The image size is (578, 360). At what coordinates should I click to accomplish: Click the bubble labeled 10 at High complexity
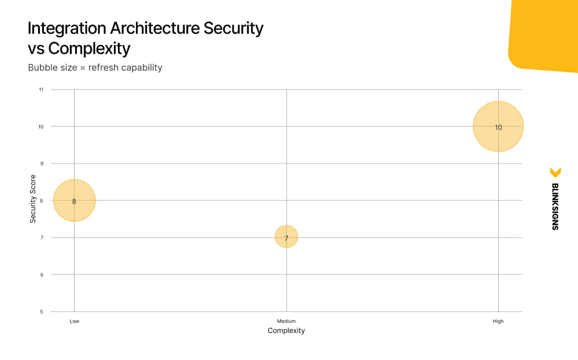pos(498,127)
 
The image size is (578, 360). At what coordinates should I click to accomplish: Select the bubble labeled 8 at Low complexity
pos(74,201)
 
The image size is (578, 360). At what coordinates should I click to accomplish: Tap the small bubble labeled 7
pos(286,237)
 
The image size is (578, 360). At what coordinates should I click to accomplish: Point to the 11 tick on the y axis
pos(41,90)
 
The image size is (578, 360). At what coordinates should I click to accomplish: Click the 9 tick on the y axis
pos(41,164)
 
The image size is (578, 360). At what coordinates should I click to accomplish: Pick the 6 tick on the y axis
pos(41,274)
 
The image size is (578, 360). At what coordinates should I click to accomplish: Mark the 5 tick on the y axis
pos(41,311)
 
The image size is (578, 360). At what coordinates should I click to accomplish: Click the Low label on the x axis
pos(74,321)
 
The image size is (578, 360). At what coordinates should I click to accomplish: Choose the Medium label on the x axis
pos(286,321)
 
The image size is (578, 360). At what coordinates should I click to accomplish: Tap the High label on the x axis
pos(498,321)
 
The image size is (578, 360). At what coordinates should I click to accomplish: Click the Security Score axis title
pos(33,199)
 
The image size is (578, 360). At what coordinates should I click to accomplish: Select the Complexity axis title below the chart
pos(286,331)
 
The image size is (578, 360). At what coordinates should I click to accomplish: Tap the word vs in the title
pos(36,47)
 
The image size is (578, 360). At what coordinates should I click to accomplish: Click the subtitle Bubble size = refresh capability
pos(95,68)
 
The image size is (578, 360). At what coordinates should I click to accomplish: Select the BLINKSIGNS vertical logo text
pos(555,207)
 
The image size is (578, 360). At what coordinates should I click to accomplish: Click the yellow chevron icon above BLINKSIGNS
pos(555,172)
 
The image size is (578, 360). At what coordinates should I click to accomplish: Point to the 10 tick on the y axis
pos(40,127)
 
